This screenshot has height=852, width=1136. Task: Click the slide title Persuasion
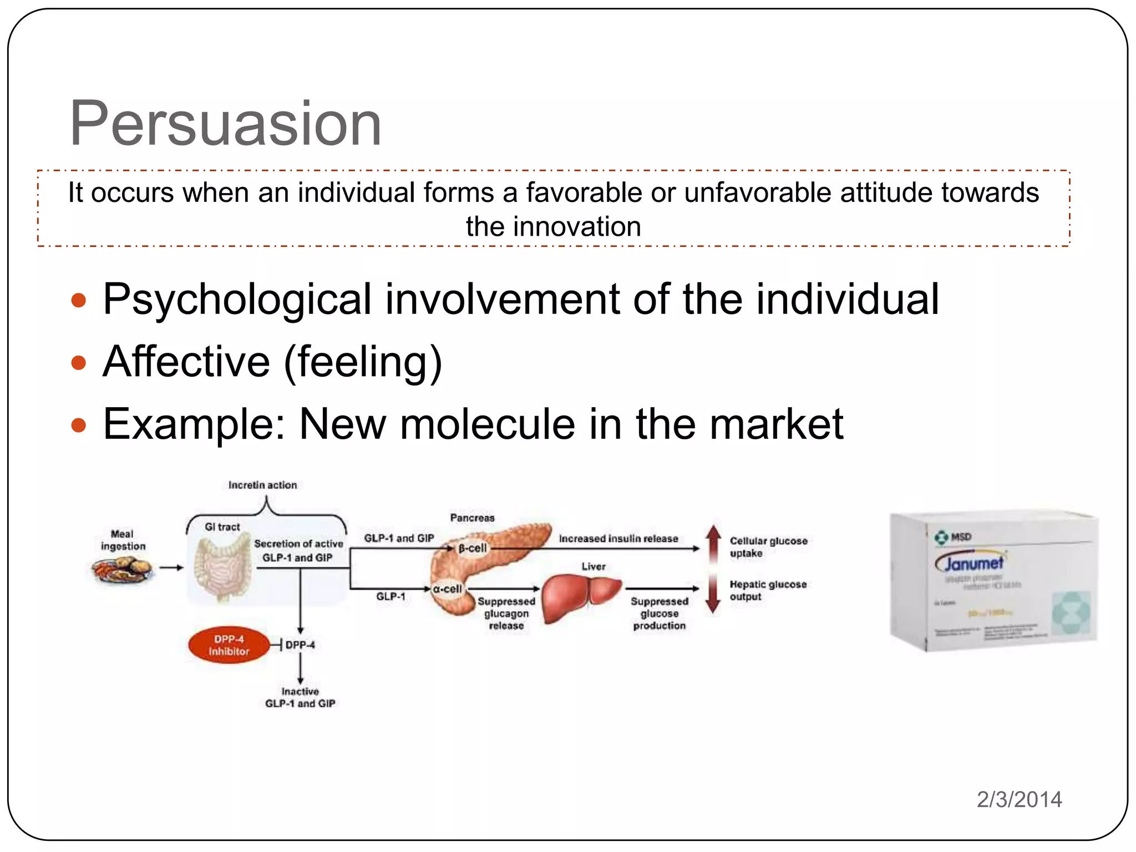225,123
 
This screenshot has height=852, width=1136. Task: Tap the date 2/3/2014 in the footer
1019,799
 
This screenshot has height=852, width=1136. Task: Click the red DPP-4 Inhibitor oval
229,645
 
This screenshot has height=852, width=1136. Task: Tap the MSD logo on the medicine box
953,537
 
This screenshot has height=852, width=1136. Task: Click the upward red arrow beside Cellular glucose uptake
713,541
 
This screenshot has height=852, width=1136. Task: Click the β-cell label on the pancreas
472,548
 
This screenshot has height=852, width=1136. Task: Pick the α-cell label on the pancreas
447,589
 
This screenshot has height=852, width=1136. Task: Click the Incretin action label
262,485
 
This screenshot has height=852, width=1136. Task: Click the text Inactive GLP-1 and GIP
300,698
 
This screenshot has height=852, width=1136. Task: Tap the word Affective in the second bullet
186,362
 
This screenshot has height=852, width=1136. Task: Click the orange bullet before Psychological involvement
79,301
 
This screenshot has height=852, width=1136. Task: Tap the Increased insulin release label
618,539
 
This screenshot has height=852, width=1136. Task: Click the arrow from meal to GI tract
171,567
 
